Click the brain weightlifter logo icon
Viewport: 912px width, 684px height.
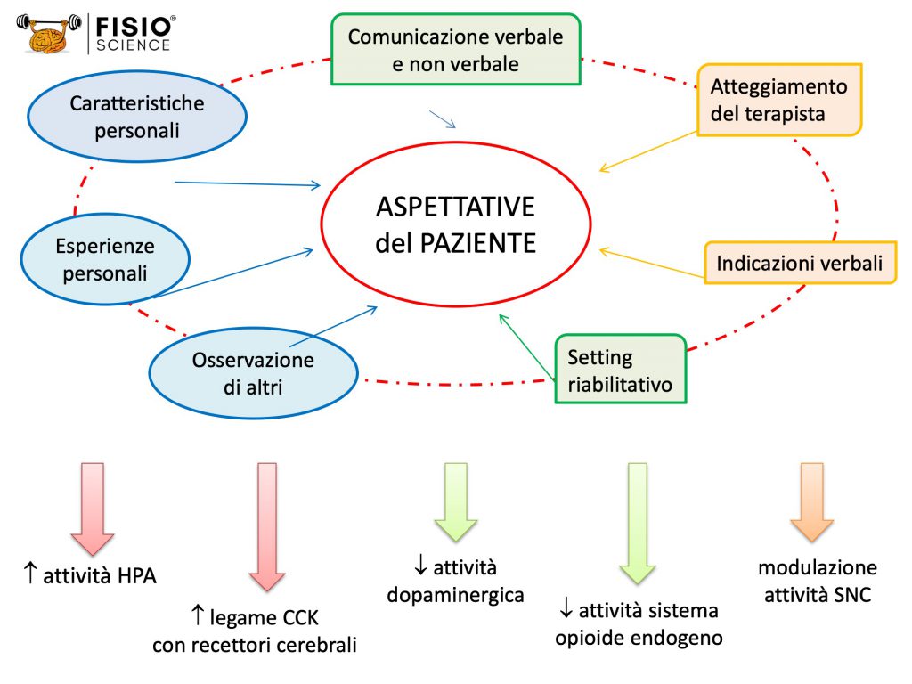(x=49, y=34)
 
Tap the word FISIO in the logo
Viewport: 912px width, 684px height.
(x=134, y=26)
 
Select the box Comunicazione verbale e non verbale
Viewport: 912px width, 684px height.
(x=456, y=50)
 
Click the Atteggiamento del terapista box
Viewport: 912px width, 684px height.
(x=779, y=100)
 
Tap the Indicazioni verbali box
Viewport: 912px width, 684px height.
(x=801, y=263)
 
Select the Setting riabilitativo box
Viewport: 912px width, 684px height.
(x=621, y=369)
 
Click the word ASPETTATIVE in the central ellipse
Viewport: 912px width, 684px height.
(x=455, y=207)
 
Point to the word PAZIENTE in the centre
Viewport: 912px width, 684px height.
(x=477, y=243)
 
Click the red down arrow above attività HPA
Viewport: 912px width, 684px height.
(x=93, y=509)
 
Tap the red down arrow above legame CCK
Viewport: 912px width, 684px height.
(x=267, y=527)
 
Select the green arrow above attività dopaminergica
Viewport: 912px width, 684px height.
(x=456, y=502)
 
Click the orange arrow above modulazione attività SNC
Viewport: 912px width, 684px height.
(x=812, y=502)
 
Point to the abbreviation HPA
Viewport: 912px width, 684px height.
(x=137, y=576)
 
